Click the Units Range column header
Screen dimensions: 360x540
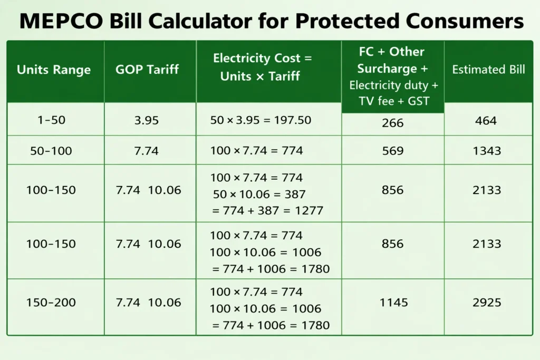click(54, 70)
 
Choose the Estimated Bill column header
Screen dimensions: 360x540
click(488, 70)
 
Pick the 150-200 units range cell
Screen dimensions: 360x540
click(51, 303)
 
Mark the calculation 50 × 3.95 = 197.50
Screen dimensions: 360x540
click(261, 120)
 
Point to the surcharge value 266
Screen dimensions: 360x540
click(392, 123)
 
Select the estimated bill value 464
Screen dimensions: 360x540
click(486, 121)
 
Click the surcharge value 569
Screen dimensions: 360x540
click(392, 151)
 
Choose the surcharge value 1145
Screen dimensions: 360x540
click(392, 303)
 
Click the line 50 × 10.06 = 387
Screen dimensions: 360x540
click(259, 194)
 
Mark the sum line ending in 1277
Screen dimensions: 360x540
click(267, 211)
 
